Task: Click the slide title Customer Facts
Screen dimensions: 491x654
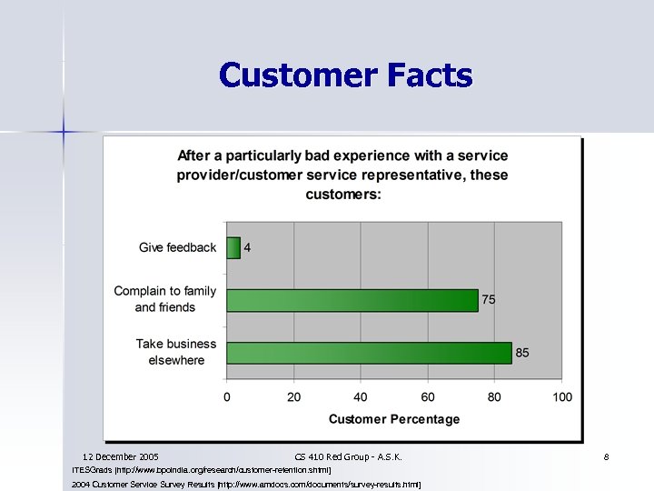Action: (345, 75)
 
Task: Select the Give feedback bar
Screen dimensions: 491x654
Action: (233, 247)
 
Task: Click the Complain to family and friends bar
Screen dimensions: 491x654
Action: (352, 300)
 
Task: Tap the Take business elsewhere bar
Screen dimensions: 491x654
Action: (369, 353)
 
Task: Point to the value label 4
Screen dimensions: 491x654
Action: (247, 247)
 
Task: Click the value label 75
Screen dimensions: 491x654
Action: (489, 300)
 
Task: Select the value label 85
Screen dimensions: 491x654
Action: (522, 353)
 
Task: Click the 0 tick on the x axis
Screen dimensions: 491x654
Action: (227, 396)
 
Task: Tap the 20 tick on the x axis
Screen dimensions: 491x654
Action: (293, 396)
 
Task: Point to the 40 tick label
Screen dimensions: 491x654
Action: (361, 396)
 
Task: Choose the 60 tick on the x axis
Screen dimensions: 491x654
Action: (428, 396)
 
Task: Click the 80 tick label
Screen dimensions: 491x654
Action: (495, 396)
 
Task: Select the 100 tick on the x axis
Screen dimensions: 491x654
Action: (562, 396)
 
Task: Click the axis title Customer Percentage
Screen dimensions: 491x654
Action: (394, 419)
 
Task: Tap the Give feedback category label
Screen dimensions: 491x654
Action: (177, 247)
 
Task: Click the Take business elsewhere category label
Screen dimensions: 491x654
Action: (176, 352)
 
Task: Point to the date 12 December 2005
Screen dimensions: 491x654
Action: (120, 456)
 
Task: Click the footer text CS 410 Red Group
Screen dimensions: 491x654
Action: (349, 456)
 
